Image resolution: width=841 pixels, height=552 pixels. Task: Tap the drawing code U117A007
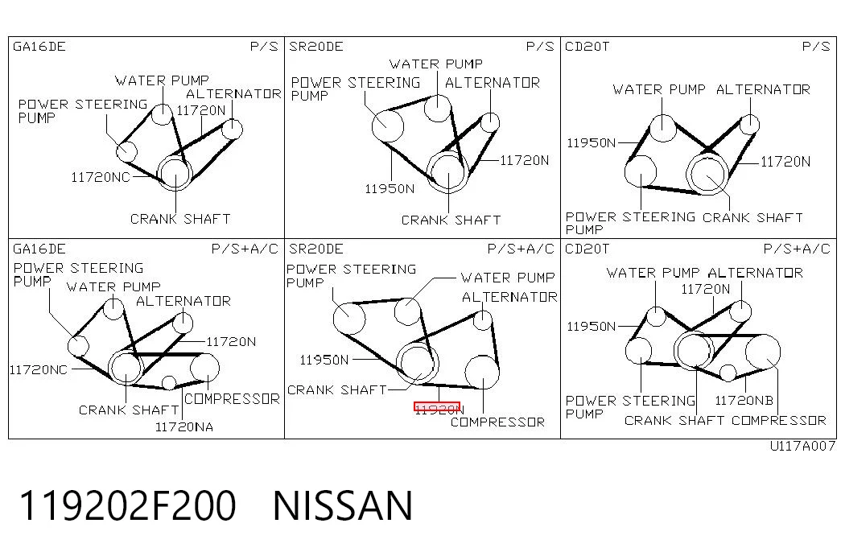pos(802,446)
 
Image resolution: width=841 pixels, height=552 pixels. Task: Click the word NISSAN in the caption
pos(343,505)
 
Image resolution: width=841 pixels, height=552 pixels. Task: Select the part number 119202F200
pos(128,505)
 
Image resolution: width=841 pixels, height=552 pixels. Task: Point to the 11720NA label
pos(184,427)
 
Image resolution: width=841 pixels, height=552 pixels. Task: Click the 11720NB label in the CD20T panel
pos(744,400)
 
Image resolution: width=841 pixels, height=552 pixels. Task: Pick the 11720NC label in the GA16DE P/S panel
pos(101,177)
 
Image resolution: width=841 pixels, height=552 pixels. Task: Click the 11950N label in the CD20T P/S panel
pos(591,142)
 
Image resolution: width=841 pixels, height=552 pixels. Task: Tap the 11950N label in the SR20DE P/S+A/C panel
pos(324,360)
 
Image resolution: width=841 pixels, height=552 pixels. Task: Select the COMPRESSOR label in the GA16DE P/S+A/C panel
pos(232,398)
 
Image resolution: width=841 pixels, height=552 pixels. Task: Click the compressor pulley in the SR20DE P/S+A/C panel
pos(481,372)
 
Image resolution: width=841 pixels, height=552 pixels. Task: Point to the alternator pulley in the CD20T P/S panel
pos(749,125)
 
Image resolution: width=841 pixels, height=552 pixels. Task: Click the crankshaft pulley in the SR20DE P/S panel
pos(447,171)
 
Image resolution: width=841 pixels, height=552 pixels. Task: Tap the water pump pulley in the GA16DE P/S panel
pos(162,113)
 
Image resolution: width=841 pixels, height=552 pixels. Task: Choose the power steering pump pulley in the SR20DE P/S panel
pos(387,126)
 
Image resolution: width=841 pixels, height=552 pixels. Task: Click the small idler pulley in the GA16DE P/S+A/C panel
pos(169,383)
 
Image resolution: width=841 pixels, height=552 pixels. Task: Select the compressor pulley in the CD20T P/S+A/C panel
pos(762,351)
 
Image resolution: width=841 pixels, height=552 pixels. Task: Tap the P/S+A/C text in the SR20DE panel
pos(520,249)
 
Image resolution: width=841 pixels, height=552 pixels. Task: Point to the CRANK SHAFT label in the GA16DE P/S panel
pos(180,219)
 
